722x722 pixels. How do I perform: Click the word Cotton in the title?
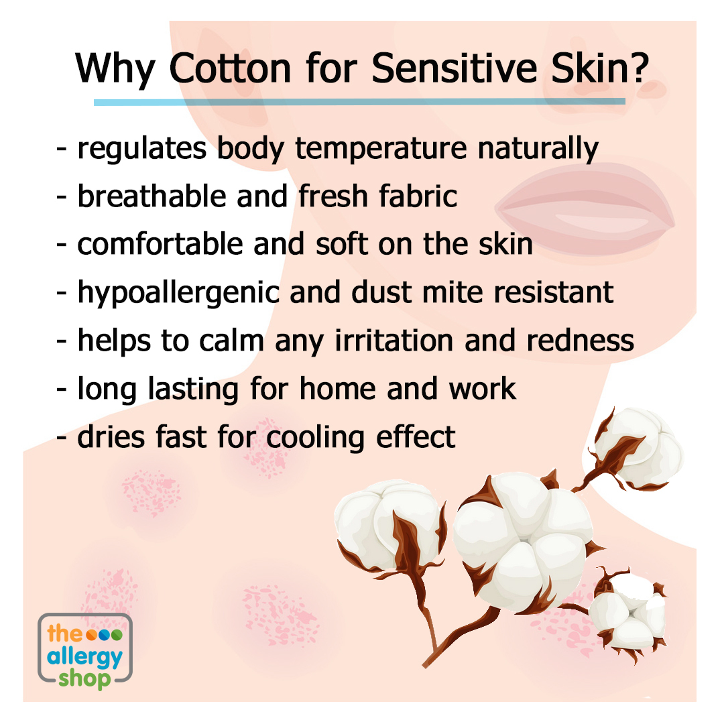[230, 68]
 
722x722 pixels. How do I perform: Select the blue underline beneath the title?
[359, 102]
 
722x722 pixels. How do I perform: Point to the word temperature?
[381, 149]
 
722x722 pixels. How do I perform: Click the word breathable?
[152, 196]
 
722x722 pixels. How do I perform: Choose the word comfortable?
[160, 244]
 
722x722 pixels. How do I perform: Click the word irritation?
[394, 341]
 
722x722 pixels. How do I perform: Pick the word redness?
[580, 341]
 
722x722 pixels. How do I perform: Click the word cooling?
[316, 438]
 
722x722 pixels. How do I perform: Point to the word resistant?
[554, 292]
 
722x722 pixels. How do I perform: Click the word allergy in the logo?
[84, 658]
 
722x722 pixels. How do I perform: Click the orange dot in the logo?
[92, 635]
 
